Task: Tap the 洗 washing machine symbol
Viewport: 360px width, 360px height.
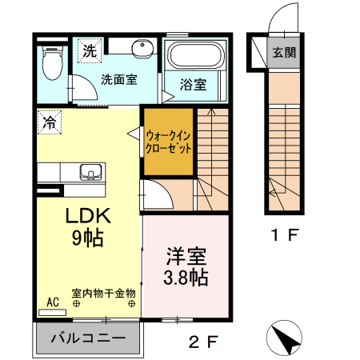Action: point(88,50)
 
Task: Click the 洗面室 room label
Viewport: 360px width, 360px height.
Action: point(118,79)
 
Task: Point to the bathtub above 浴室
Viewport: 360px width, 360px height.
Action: point(197,56)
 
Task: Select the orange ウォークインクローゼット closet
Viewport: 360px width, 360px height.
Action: point(169,141)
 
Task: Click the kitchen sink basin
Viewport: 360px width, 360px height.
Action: point(89,171)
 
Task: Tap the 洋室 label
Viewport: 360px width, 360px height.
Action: point(186,258)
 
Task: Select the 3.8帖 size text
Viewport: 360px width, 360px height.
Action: point(187,278)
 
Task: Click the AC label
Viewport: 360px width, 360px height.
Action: point(53,302)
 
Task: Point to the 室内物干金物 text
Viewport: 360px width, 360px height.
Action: point(103,294)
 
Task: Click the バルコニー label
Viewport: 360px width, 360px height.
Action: point(88,338)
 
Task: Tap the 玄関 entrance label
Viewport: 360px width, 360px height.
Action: point(283,54)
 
